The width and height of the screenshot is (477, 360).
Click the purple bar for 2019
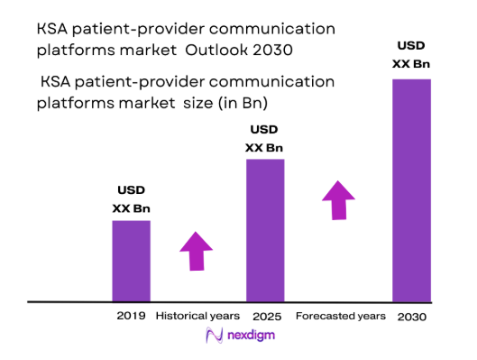pyautogui.click(x=131, y=260)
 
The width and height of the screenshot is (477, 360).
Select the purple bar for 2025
pyautogui.click(x=265, y=229)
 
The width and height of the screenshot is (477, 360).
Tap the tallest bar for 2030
pyautogui.click(x=411, y=189)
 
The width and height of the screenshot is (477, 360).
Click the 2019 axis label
pyautogui.click(x=131, y=316)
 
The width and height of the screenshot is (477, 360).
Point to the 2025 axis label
pyautogui.click(x=264, y=316)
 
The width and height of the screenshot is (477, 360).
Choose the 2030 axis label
pyautogui.click(x=411, y=317)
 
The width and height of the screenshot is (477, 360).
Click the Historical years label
pyautogui.click(x=197, y=316)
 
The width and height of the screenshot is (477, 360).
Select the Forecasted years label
pyautogui.click(x=340, y=316)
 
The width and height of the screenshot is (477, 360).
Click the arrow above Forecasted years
pyautogui.click(x=339, y=199)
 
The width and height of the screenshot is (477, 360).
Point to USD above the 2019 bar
pyautogui.click(x=131, y=190)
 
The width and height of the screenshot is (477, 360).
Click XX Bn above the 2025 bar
pyautogui.click(x=265, y=147)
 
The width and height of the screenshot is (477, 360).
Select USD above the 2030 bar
pyautogui.click(x=411, y=45)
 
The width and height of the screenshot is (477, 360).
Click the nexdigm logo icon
pyautogui.click(x=215, y=336)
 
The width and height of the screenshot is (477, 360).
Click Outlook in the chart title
pyautogui.click(x=246, y=46)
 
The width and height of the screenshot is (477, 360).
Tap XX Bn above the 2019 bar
pyautogui.click(x=131, y=208)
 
